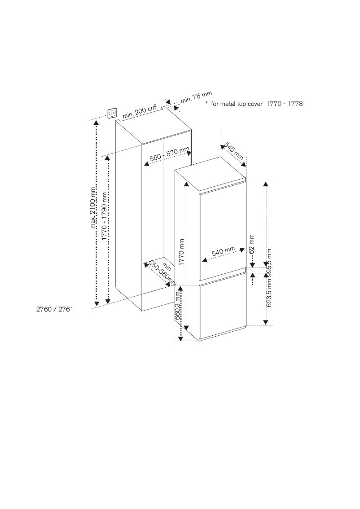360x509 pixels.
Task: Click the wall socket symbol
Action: pyautogui.click(x=112, y=113)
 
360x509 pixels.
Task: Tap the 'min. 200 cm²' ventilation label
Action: pyautogui.click(x=140, y=112)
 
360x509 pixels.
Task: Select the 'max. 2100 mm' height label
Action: pyautogui.click(x=93, y=207)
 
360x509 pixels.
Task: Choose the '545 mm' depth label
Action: pyautogui.click(x=234, y=151)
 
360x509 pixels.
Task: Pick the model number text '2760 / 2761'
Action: pyautogui.click(x=55, y=309)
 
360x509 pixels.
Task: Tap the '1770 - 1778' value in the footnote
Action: pyautogui.click(x=285, y=104)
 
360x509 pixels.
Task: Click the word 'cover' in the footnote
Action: pyautogui.click(x=255, y=104)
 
